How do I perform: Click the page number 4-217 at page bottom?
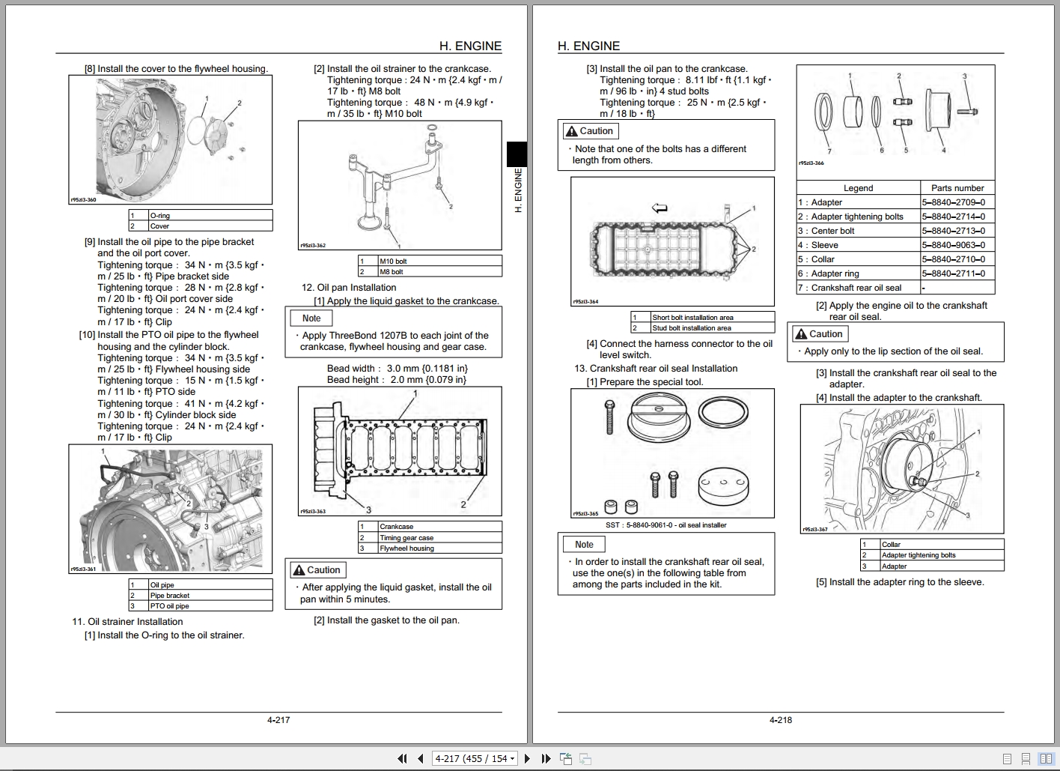(x=278, y=720)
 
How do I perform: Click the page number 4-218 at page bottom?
(x=780, y=720)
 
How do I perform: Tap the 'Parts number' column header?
(x=957, y=188)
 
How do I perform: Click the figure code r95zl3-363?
(x=312, y=512)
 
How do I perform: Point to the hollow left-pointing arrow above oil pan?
(x=660, y=208)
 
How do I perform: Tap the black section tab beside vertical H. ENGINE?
(x=517, y=154)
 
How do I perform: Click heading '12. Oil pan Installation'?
(x=349, y=288)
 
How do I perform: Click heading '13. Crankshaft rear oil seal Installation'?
(x=656, y=369)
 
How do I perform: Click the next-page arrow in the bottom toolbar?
(x=527, y=759)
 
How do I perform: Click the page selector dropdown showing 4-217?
(x=475, y=759)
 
